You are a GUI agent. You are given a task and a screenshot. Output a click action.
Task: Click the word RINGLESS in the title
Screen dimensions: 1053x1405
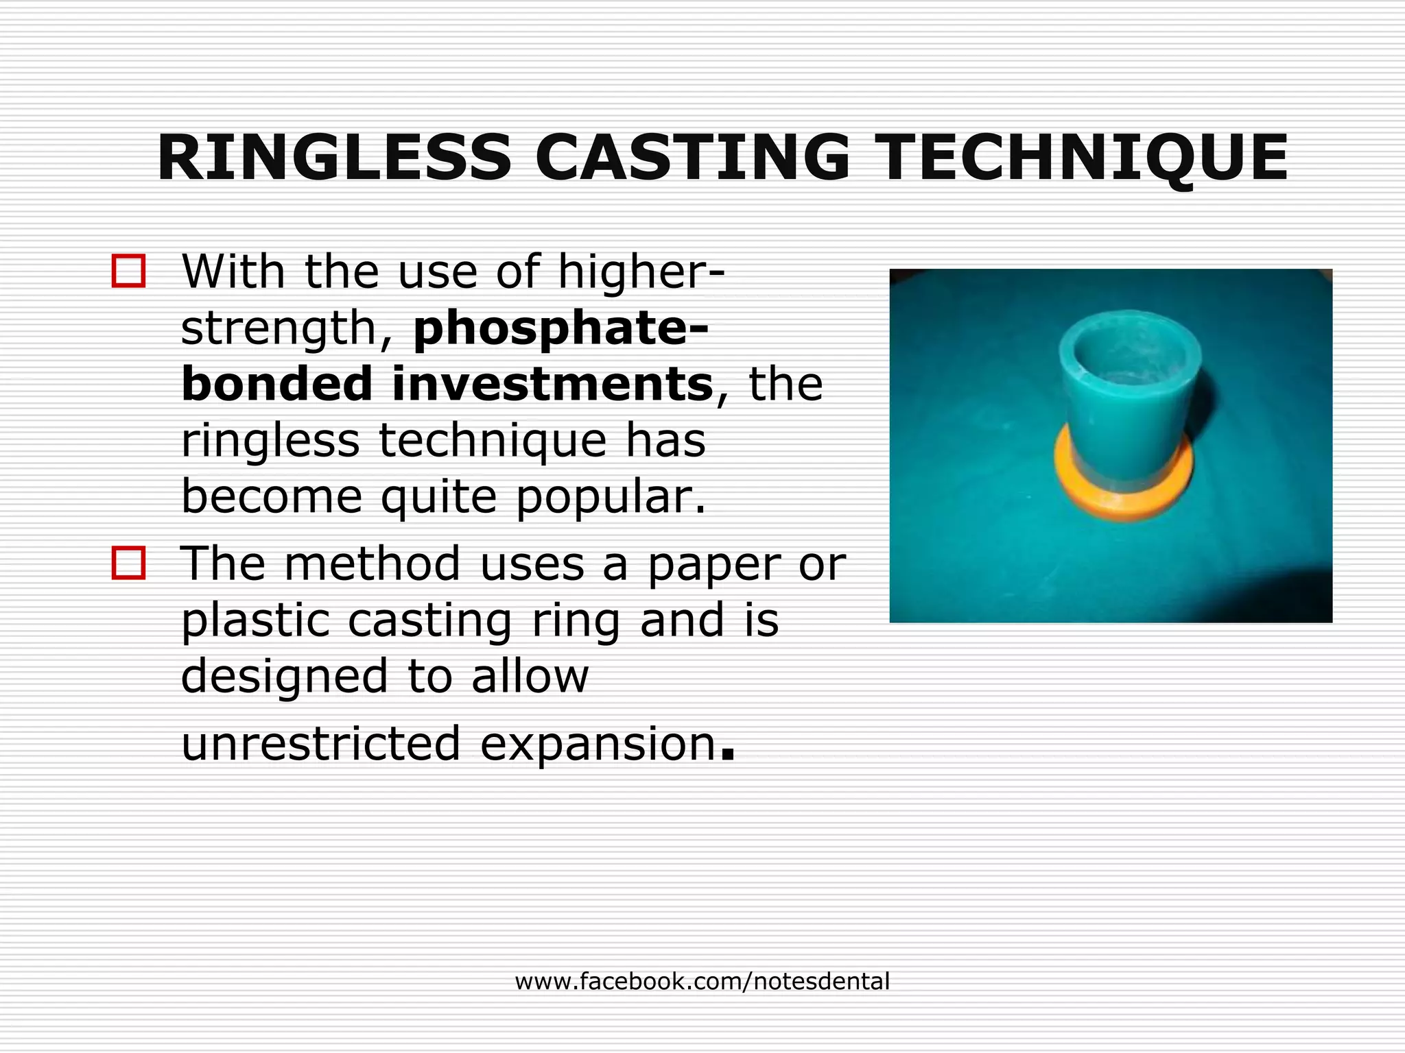point(334,158)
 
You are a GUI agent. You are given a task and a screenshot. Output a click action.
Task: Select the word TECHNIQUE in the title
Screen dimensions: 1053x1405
point(1084,158)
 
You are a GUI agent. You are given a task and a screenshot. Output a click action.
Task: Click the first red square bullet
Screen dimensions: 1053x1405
point(128,271)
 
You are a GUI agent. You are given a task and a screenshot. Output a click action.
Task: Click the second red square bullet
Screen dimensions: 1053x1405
point(128,563)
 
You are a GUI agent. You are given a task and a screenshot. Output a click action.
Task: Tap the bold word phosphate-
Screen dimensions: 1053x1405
point(561,328)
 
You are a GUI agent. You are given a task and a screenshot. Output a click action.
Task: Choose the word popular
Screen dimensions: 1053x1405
point(611,496)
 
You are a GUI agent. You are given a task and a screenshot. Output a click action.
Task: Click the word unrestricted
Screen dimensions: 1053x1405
point(320,743)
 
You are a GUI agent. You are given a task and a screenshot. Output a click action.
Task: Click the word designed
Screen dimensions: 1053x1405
point(285,676)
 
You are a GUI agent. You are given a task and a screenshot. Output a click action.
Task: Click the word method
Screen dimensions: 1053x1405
point(372,564)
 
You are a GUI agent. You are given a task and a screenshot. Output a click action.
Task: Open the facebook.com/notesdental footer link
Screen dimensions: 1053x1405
point(702,982)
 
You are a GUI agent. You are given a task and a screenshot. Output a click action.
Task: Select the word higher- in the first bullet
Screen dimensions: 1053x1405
point(641,271)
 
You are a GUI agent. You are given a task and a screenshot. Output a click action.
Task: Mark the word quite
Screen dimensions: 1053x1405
point(438,496)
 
